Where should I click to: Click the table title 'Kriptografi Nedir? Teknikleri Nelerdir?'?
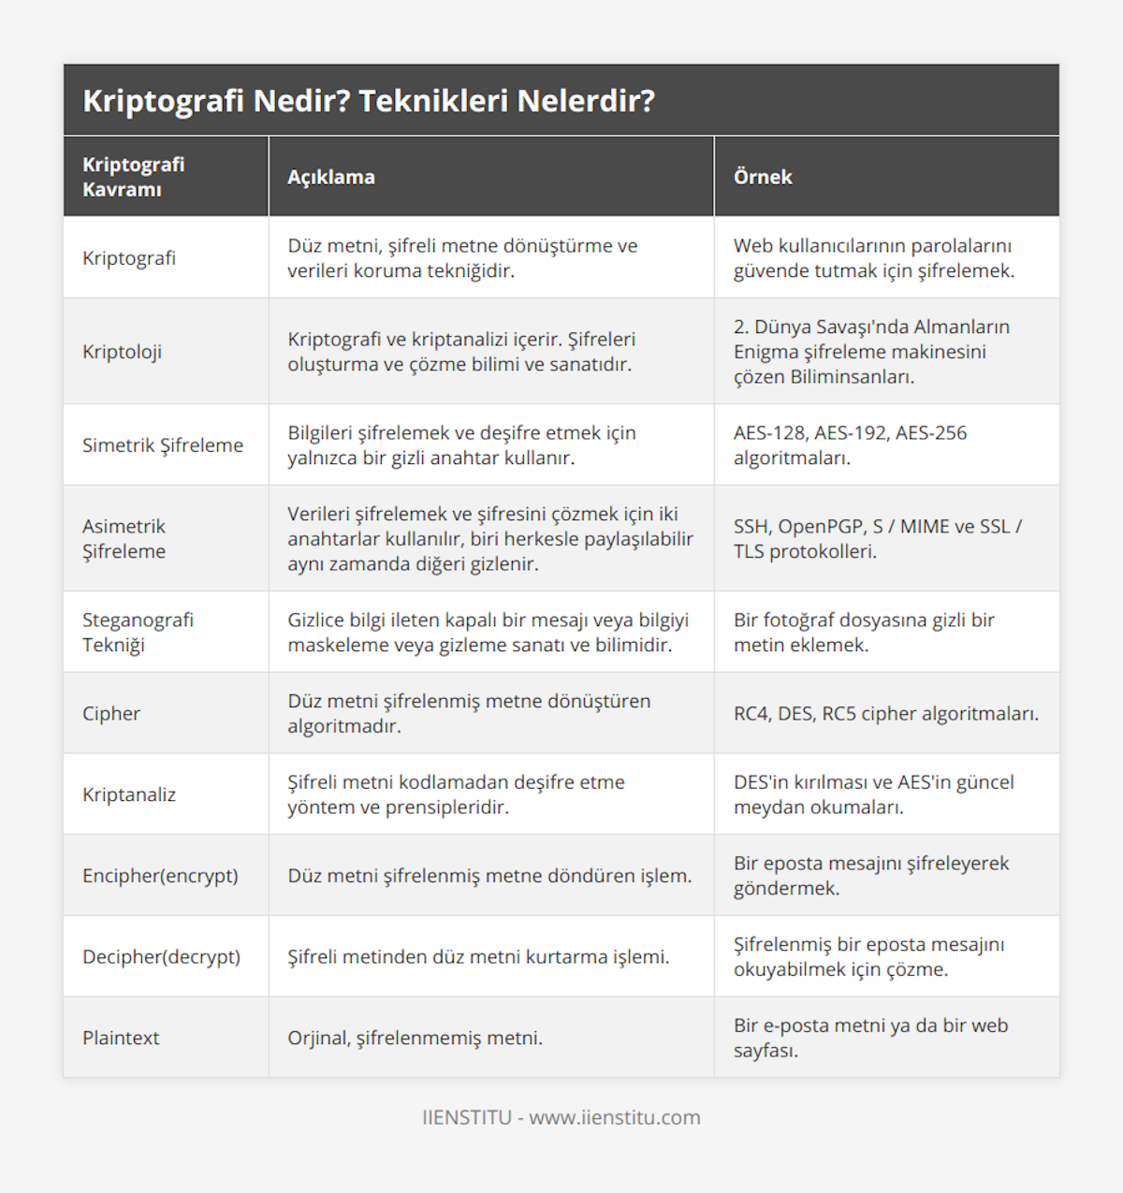coord(369,101)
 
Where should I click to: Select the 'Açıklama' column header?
coord(331,177)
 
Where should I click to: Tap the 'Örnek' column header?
coord(763,177)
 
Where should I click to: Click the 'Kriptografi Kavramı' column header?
coord(134,177)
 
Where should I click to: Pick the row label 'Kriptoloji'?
coord(122,352)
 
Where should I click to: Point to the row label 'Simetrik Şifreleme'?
coord(163,445)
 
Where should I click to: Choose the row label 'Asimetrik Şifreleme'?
coord(124,539)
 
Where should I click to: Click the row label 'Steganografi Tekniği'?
coord(138,633)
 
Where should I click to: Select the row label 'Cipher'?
coord(111,713)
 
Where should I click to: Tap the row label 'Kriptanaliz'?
coord(129,794)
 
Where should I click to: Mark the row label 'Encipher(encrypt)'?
coord(160,876)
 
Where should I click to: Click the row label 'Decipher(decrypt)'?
coord(161,957)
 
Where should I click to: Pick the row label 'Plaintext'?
coord(121,1038)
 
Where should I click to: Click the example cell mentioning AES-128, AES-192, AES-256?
coord(850,445)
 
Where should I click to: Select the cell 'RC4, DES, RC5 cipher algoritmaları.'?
coord(885,713)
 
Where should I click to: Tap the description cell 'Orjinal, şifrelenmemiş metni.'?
coord(415,1038)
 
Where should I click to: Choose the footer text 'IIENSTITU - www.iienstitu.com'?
coord(561,1117)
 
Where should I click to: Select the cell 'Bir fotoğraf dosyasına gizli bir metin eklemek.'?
coord(863,633)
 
